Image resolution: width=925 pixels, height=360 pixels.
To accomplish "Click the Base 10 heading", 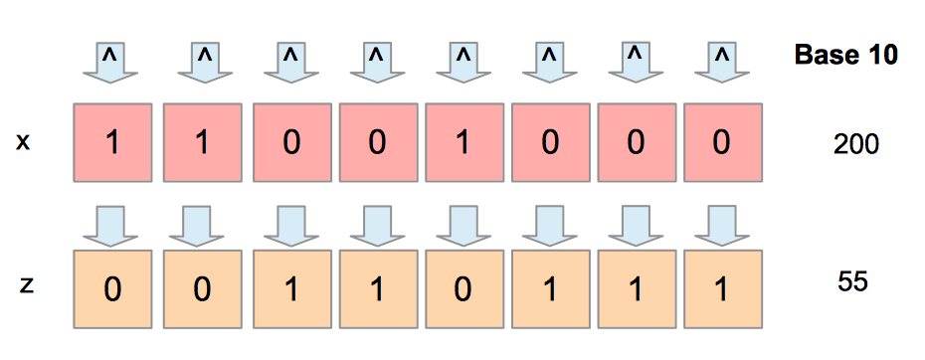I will (846, 56).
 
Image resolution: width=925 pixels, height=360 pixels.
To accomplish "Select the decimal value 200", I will (855, 145).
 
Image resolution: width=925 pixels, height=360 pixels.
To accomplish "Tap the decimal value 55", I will (853, 281).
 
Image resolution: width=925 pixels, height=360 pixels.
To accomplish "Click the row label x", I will (24, 143).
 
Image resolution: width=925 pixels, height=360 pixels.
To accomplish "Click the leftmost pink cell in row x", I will (112, 143).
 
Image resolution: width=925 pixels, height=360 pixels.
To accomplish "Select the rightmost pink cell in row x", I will (722, 143).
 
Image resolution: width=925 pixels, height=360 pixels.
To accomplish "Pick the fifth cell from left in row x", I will (462, 143).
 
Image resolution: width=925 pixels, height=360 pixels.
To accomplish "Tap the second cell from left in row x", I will (200, 143).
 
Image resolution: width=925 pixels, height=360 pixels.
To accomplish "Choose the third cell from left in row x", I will (289, 143).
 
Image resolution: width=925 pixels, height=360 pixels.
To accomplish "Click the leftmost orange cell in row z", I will (112, 289).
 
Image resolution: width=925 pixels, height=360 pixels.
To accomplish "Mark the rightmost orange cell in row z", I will (722, 289).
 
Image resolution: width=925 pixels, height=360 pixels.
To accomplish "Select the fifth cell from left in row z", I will (462, 289).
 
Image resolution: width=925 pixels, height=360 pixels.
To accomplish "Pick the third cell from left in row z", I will (289, 289).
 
